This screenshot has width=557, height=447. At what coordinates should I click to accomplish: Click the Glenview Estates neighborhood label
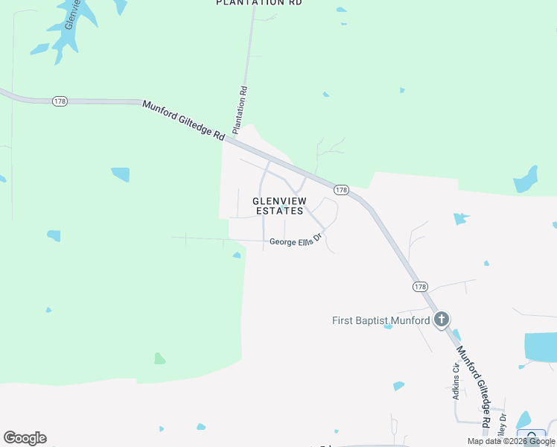coord(278,206)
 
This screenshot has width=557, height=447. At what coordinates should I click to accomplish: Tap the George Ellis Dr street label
coord(295,241)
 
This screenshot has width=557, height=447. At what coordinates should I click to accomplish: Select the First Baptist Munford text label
coord(381,321)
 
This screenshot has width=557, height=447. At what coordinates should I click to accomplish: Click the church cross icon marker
coord(442,320)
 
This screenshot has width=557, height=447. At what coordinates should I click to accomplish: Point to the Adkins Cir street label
coord(456,381)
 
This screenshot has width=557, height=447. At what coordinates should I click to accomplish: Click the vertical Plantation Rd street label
coord(242,110)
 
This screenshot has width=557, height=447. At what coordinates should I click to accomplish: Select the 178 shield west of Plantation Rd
coord(60,101)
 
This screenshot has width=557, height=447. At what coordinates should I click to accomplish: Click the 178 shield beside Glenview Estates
coord(341,190)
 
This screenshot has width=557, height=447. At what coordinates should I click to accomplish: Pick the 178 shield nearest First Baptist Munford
coord(420,286)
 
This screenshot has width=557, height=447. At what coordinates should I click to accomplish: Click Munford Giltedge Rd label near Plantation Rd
coord(183,121)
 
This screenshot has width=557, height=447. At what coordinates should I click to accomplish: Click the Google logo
coord(25,438)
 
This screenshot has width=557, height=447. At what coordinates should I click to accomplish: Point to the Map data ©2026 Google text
coord(512,441)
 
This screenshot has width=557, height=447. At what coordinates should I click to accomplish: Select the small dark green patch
coord(159,358)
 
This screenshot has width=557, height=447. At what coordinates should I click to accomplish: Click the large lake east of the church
coord(541,346)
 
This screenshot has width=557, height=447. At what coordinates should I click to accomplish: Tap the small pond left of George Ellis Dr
coord(236,256)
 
